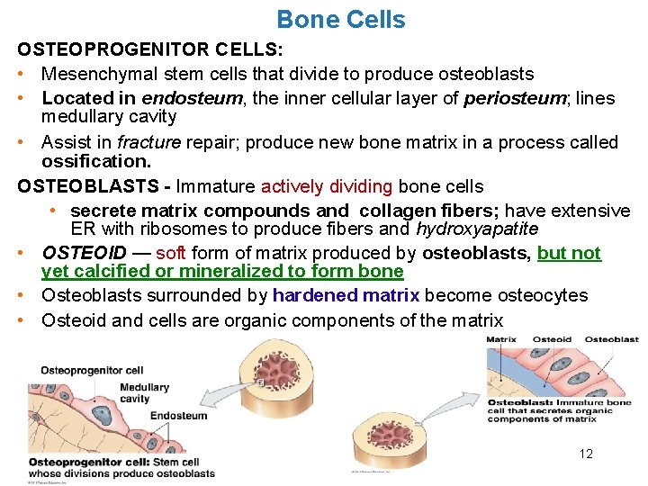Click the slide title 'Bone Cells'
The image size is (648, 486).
coord(340,19)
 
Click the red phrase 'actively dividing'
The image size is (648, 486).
coord(327,187)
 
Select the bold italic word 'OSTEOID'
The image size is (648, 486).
coord(84,253)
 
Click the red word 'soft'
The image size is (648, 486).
coord(171,253)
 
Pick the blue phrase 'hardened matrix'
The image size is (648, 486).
coord(346,295)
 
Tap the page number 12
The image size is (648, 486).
coord(586,454)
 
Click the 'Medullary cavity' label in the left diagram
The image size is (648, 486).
coord(145,393)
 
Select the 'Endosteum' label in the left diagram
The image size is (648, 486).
coord(178,415)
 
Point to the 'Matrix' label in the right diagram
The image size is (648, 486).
coord(502,339)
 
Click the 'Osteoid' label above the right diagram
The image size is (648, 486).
coord(552,339)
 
